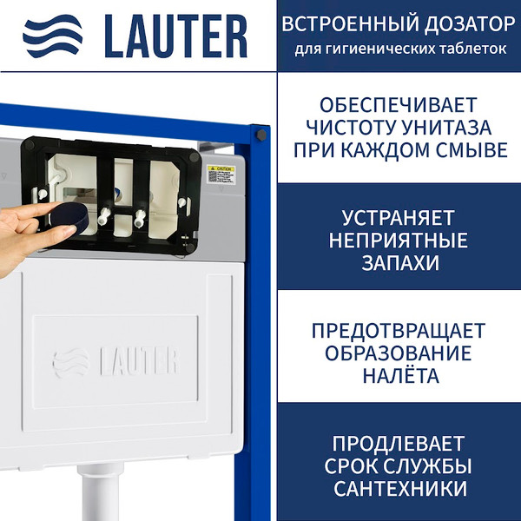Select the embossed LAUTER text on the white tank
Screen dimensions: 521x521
click(x=139, y=359)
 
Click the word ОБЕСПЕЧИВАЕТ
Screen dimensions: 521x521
click(x=400, y=106)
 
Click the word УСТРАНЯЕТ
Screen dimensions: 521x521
click(x=400, y=217)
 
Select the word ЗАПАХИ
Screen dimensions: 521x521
click(x=400, y=261)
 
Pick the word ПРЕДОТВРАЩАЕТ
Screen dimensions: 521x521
click(x=400, y=331)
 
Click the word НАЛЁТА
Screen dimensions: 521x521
click(x=400, y=376)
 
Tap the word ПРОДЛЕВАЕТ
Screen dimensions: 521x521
click(x=400, y=442)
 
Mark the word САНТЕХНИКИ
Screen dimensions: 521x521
click(x=400, y=487)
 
